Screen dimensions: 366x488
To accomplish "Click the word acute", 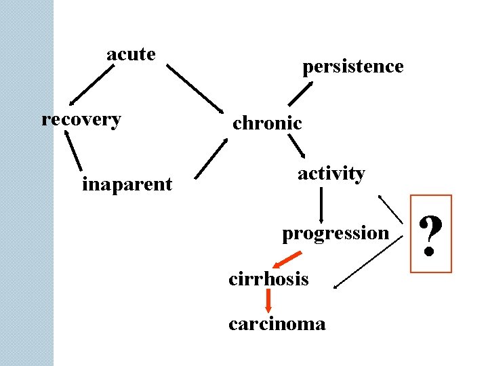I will (x=131, y=54).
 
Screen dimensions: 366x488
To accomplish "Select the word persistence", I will (x=352, y=66).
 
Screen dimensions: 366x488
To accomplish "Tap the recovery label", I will (x=81, y=120).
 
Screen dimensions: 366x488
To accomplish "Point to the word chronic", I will (x=267, y=123).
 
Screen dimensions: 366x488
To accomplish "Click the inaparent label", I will (x=127, y=184).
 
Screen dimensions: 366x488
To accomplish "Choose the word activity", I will (x=331, y=174).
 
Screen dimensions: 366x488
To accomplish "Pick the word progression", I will (x=335, y=233).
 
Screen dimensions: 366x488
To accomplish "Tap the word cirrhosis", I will (x=268, y=279).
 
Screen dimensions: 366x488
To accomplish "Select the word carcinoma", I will (x=277, y=324).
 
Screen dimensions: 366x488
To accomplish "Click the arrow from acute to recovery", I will (x=87, y=83).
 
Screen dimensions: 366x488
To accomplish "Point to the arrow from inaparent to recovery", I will (x=74, y=150).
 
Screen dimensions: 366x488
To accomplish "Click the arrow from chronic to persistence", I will (x=299, y=94).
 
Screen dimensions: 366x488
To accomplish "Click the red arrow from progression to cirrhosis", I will (x=287, y=260).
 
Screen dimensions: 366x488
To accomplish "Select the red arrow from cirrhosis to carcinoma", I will (x=269, y=301).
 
